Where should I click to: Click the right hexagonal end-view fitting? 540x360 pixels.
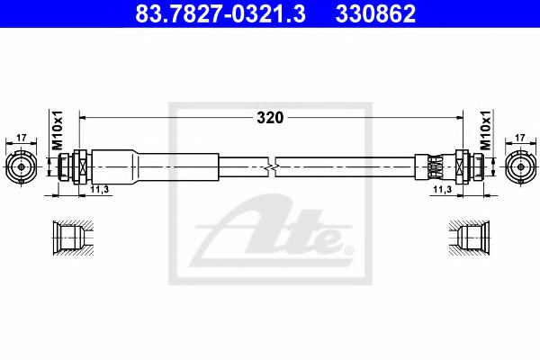[x=520, y=166]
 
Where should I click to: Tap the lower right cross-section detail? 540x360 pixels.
[x=471, y=238]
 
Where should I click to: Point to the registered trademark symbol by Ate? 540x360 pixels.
[x=349, y=249]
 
